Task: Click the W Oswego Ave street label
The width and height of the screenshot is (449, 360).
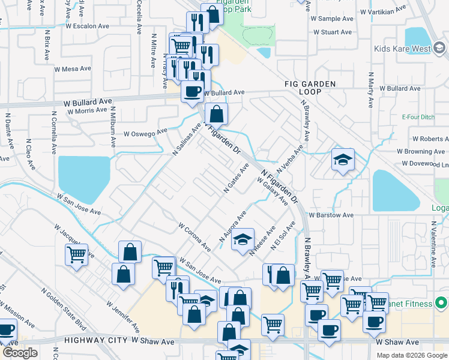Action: pos(145,133)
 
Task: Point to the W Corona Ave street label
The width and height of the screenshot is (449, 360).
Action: pos(194,238)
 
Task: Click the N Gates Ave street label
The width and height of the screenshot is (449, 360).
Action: pos(236,178)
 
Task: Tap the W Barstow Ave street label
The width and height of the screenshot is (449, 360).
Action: pos(331,215)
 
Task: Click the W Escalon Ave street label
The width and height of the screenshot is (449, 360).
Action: pos(88,26)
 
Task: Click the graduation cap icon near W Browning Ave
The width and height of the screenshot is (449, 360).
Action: pos(343,160)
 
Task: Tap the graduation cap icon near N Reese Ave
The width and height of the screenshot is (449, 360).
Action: pos(243,239)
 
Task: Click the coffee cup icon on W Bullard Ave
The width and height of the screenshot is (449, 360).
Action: pos(192,92)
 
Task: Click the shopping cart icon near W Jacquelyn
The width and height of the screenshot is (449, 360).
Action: pos(77,255)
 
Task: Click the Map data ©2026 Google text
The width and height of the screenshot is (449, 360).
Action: pos(412,355)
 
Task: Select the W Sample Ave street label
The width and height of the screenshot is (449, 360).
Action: pos(332,19)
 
